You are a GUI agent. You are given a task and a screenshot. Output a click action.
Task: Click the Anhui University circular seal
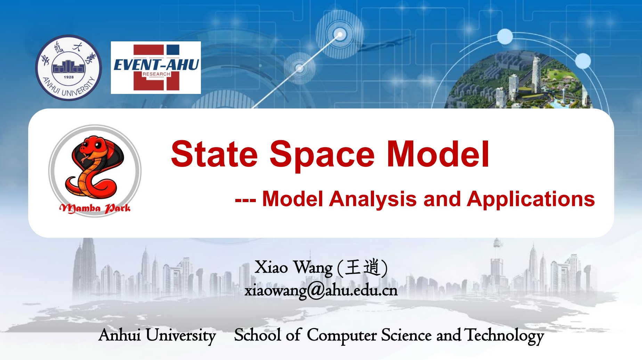(x=68, y=67)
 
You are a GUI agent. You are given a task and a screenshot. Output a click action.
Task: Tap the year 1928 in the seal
(x=68, y=77)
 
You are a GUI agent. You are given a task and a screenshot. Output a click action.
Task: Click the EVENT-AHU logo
(x=156, y=67)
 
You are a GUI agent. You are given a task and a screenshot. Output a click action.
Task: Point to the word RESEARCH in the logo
(x=156, y=74)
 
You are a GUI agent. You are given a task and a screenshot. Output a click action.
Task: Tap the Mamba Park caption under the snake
(x=95, y=208)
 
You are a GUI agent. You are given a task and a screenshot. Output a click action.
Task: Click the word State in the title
(x=214, y=154)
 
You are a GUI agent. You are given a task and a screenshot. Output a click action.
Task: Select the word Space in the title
(x=322, y=155)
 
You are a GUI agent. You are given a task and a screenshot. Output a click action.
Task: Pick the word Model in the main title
(x=438, y=154)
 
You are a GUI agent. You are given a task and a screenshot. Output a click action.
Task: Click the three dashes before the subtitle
(x=245, y=200)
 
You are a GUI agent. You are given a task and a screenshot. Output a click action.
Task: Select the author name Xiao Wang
(x=293, y=267)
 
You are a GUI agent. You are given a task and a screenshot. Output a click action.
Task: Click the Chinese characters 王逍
(x=362, y=267)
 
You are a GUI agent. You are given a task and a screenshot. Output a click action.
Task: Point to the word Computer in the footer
(x=341, y=335)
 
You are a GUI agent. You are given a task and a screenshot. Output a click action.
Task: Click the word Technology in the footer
(x=504, y=335)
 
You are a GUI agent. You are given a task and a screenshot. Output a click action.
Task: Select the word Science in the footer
(x=406, y=335)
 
